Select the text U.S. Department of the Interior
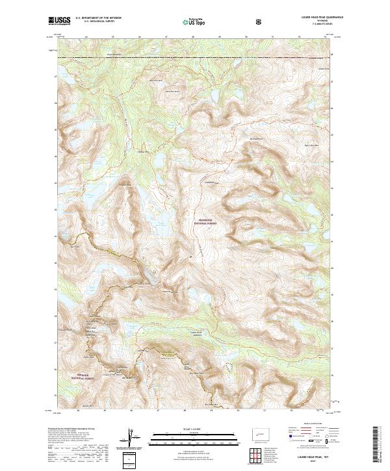pyautogui.click(x=98, y=18)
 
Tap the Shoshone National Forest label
pyautogui.click(x=206, y=222)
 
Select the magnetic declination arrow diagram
pyautogui.click(x=133, y=436)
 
